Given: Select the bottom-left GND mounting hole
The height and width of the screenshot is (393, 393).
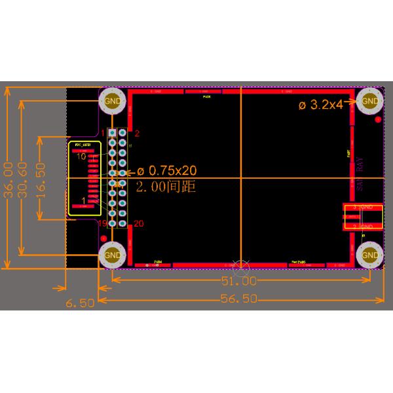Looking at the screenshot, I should (x=113, y=255).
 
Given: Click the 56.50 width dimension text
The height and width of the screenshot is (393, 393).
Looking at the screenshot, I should (x=237, y=300).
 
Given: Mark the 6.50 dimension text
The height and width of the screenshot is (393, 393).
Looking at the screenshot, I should (x=81, y=303).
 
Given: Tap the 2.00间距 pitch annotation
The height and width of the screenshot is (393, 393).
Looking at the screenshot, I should (x=166, y=187).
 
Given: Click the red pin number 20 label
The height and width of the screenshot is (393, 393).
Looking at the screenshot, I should (x=138, y=224).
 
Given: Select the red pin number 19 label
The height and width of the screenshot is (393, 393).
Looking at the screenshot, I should (x=103, y=224).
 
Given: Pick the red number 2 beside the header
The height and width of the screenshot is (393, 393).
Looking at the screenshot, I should (x=137, y=133).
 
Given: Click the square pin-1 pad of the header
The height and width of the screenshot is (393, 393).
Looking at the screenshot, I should (x=113, y=133).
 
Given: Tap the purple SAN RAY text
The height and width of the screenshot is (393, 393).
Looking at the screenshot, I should (x=361, y=174).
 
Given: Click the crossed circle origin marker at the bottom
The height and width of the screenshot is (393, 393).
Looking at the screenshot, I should (x=242, y=267).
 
